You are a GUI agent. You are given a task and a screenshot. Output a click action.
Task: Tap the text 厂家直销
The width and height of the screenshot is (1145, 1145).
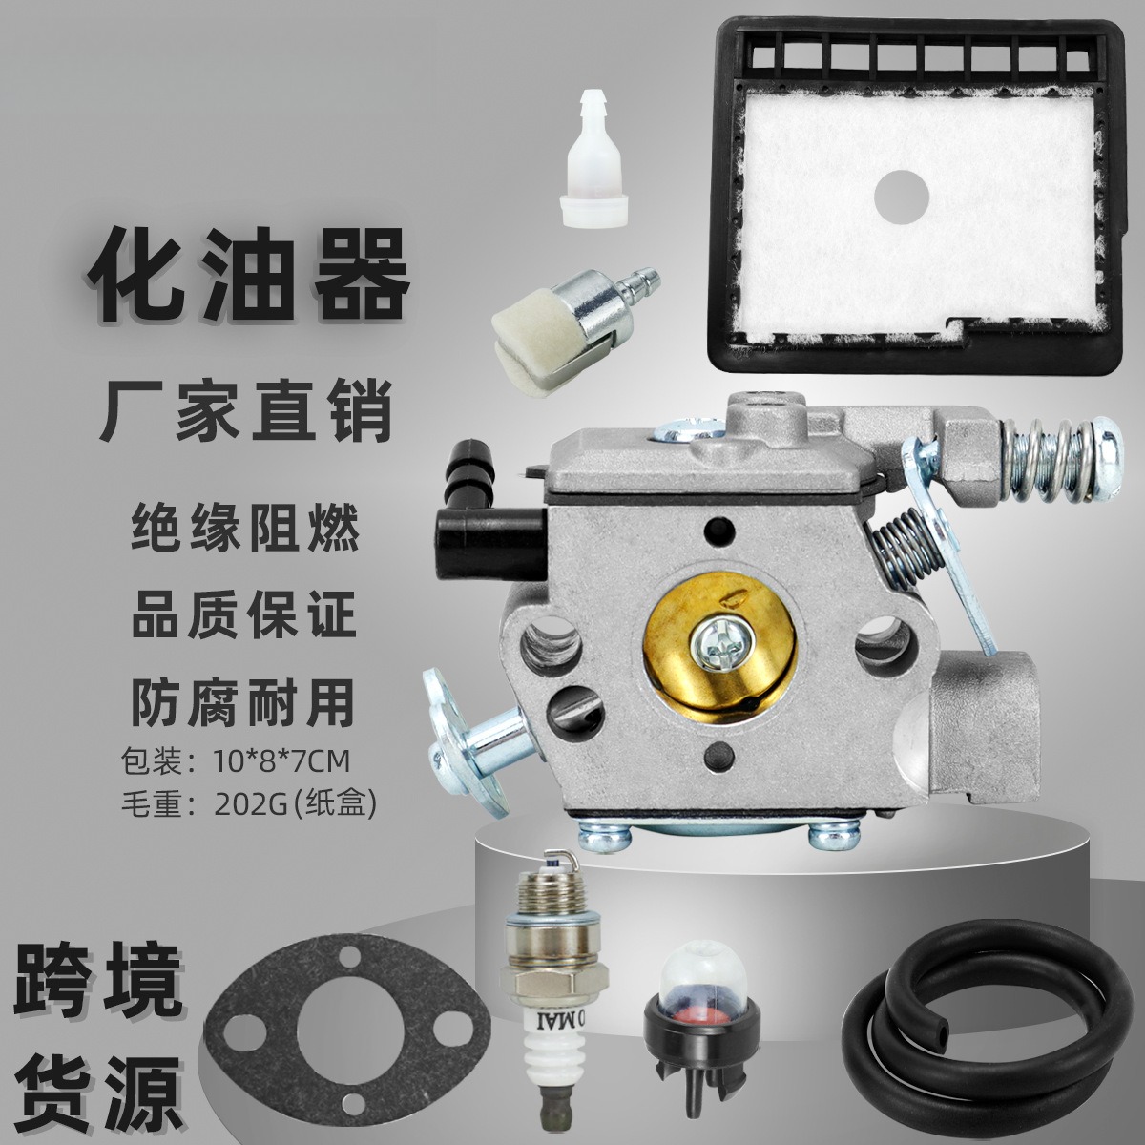(x=247, y=411)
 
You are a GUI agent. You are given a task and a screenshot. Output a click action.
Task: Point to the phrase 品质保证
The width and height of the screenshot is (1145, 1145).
(x=244, y=614)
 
